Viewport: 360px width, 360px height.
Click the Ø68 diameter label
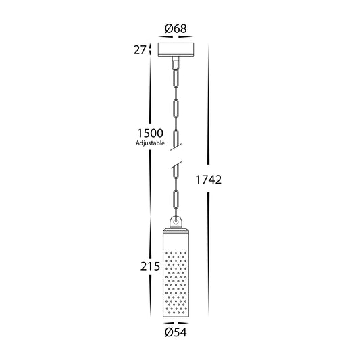[176, 29]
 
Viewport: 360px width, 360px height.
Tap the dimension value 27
[140, 50]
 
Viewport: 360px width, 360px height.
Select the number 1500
[150, 133]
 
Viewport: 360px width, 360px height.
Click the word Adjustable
[150, 143]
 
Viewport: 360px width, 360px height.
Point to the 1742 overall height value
[209, 180]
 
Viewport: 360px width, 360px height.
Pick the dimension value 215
[150, 267]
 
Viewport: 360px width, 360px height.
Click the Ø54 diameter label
[176, 332]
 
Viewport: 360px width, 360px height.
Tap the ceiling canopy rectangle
[176, 49]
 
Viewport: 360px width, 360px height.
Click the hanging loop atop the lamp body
[176, 222]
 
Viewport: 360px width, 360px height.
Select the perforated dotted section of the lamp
[176, 283]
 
